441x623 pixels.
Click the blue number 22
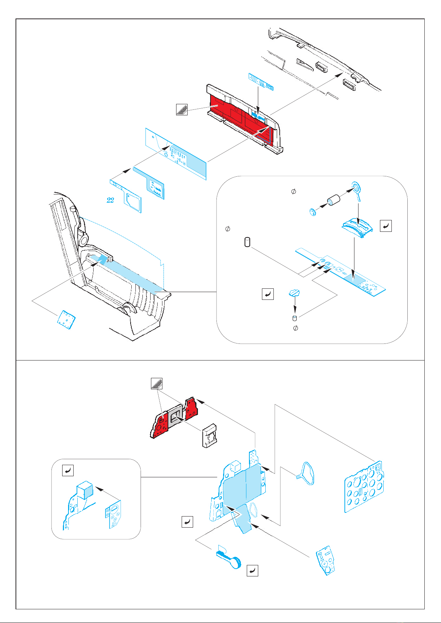110,200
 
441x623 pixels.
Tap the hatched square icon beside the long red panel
182,109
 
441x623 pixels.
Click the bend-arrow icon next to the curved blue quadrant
386,226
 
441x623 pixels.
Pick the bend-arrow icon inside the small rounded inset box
68,470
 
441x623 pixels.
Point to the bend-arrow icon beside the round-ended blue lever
252,570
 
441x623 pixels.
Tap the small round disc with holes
313,212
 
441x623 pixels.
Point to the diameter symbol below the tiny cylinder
296,328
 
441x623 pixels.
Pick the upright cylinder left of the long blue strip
248,243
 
